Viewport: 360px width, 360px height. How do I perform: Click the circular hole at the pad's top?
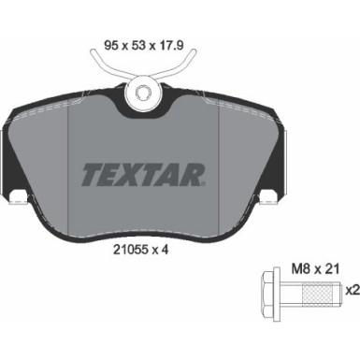click(x=143, y=93)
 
